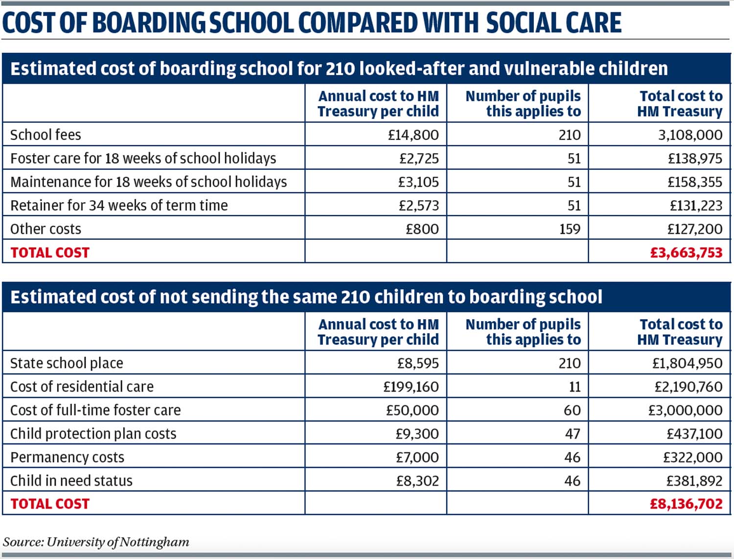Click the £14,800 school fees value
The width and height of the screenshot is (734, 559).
413,135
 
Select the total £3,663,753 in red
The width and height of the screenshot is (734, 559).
686,253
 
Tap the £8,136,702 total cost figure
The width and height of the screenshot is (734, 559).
686,504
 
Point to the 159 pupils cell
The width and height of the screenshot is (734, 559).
570,229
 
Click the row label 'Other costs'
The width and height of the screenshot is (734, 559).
46,229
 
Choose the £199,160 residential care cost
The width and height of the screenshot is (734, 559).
411,387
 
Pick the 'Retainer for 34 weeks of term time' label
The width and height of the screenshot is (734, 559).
119,206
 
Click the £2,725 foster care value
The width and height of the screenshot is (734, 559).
419,159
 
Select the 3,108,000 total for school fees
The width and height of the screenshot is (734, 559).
690,135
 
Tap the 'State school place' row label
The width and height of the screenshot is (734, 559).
67,364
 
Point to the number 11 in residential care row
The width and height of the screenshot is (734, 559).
574,387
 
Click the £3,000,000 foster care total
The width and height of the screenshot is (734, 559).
685,411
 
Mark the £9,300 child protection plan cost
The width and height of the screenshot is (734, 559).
417,434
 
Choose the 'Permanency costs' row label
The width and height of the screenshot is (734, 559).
67,458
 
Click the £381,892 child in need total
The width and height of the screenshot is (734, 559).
694,481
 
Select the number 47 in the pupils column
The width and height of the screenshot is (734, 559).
573,434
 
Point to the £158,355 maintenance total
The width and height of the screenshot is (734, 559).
695,182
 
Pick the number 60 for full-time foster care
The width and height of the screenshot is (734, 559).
573,411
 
